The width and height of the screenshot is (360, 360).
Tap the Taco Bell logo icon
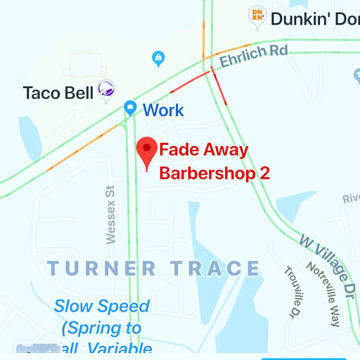pyautogui.click(x=106, y=91)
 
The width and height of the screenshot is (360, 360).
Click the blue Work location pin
pyautogui.click(x=130, y=108)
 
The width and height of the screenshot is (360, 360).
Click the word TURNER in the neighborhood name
pyautogui.click(x=102, y=269)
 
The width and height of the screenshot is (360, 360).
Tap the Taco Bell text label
pyautogui.click(x=58, y=93)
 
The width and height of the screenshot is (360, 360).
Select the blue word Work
pyautogui.click(x=163, y=110)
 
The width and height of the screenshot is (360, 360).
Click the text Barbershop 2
pyautogui.click(x=214, y=172)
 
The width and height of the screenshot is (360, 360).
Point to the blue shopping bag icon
pyautogui.click(x=158, y=58)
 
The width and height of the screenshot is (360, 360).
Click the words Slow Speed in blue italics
pyautogui.click(x=102, y=307)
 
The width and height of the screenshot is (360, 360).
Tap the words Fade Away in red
pyautogui.click(x=203, y=150)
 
